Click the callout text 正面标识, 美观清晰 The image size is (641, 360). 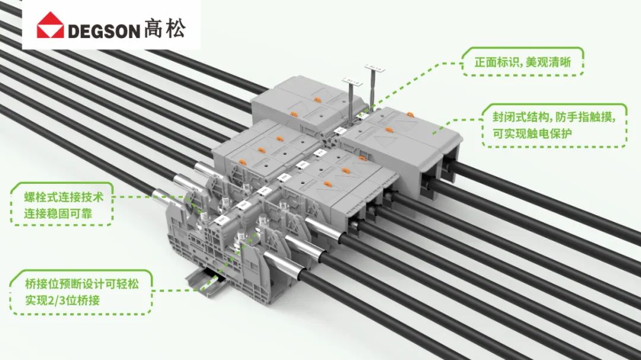(523, 62)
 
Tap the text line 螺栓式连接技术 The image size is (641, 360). (64, 196)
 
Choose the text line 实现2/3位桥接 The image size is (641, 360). (62, 300)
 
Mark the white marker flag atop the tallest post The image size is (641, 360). (375, 66)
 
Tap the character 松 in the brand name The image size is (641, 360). (175, 29)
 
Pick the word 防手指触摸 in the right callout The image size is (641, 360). (591, 116)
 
